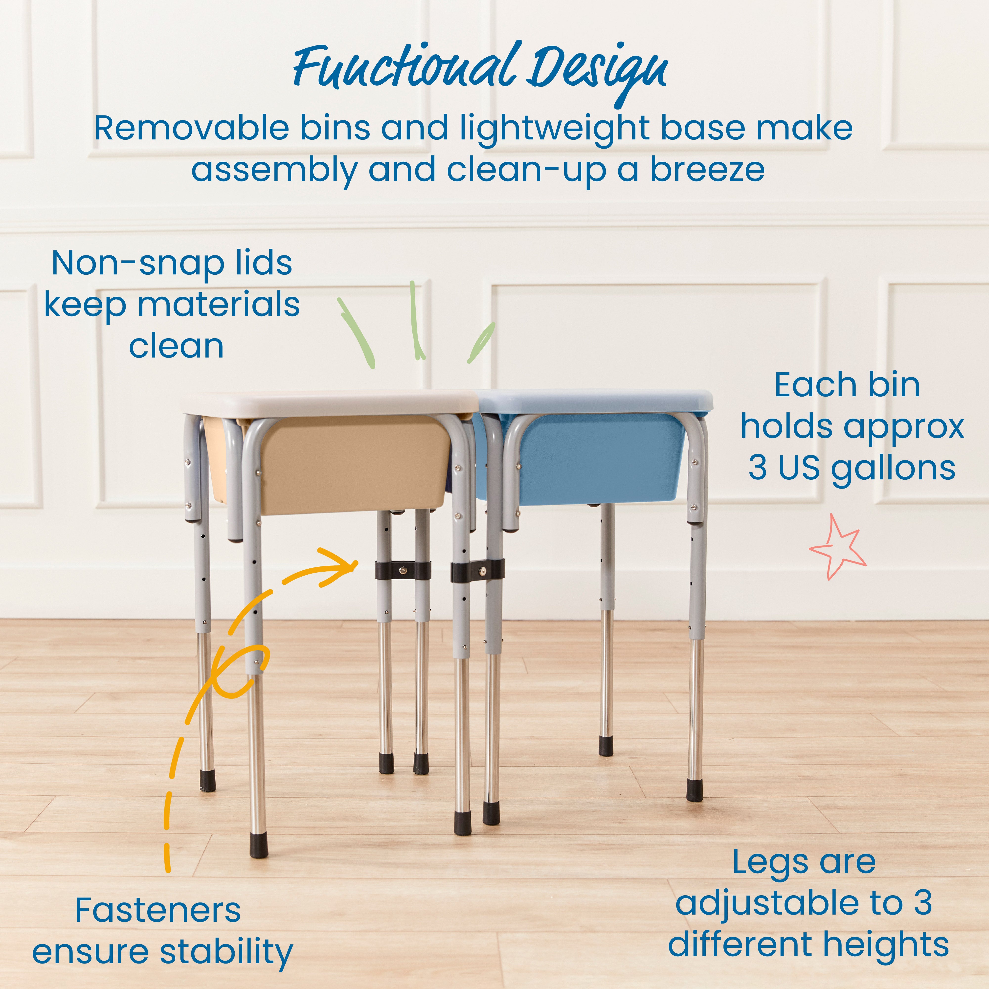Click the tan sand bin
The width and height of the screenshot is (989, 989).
(353, 463)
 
